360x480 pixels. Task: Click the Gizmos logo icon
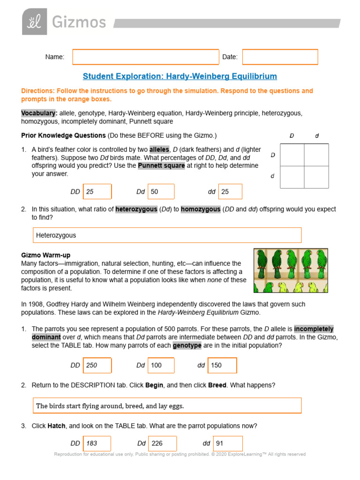click(x=34, y=22)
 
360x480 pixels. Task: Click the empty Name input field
click(x=145, y=57)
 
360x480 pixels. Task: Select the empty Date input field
click(x=280, y=57)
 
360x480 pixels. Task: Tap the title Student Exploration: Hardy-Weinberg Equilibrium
click(x=180, y=76)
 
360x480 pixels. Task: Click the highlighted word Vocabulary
click(x=39, y=113)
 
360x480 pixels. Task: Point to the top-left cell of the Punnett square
click(x=292, y=155)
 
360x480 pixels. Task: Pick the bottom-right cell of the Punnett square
click(x=316, y=177)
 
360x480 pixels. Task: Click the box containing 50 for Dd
click(x=161, y=192)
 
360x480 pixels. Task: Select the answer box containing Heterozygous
click(x=167, y=235)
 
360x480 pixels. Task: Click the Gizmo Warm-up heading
click(x=45, y=255)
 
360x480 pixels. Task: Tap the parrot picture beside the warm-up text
click(x=291, y=270)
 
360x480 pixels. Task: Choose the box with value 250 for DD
click(x=97, y=365)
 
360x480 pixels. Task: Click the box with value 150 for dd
click(x=223, y=365)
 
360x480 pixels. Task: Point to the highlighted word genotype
click(x=187, y=345)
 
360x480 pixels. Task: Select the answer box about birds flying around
click(x=167, y=406)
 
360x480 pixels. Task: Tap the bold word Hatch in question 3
click(x=56, y=426)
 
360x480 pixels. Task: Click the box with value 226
click(x=162, y=443)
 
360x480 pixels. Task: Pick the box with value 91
click(x=228, y=443)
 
